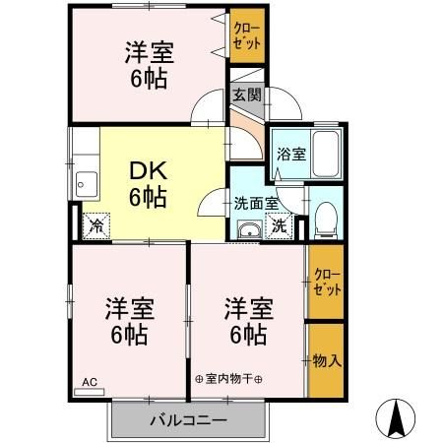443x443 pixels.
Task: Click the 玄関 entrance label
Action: click(x=246, y=95)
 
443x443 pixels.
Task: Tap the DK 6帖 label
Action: click(x=148, y=183)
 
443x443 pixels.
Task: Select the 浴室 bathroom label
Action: click(x=290, y=155)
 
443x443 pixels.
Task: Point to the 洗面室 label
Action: click(x=255, y=205)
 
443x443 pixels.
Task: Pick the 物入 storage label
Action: click(x=327, y=360)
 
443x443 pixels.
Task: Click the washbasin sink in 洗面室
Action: click(x=249, y=230)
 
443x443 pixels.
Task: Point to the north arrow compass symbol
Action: click(x=398, y=418)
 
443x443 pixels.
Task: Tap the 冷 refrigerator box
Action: click(x=95, y=226)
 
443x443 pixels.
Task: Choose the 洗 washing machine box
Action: click(x=279, y=225)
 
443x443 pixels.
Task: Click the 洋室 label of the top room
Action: click(x=148, y=49)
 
